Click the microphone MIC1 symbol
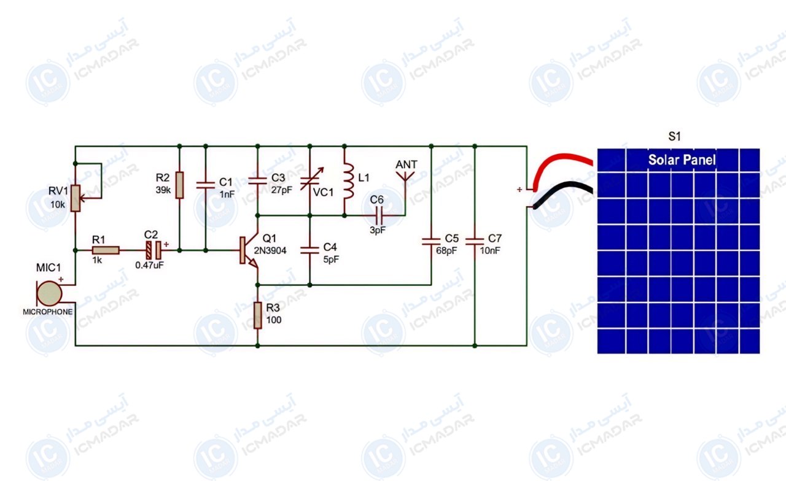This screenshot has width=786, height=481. tap(49, 293)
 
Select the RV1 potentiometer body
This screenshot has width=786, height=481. tap(75, 198)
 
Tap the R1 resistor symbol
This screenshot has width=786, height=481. tap(106, 250)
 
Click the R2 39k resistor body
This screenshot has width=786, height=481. tap(179, 185)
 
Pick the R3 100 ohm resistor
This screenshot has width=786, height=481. tap(257, 315)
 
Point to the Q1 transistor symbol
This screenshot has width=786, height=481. tap(249, 251)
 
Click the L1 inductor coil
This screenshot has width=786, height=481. tap(348, 182)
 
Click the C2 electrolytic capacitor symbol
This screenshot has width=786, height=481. tap(154, 250)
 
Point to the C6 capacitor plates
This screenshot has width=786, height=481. tap(379, 215)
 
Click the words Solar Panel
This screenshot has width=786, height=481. tap(682, 160)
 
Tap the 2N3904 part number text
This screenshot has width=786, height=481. tap(270, 251)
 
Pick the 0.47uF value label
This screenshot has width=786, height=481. tap(149, 265)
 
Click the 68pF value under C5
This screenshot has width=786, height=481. tap(446, 251)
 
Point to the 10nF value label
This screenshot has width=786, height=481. tap(490, 251)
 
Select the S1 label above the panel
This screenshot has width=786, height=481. tap(674, 136)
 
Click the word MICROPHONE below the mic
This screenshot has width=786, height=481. tap(48, 312)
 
